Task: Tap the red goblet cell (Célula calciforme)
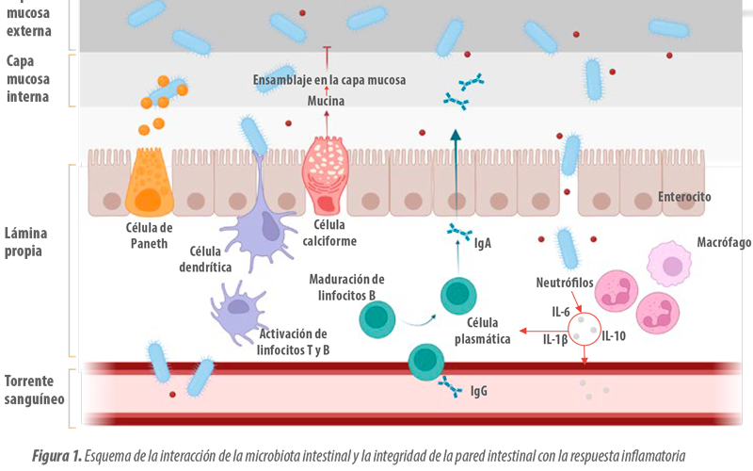tap(325, 175)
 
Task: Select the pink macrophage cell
tap(669, 265)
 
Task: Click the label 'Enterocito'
tap(684, 197)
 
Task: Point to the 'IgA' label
tap(483, 243)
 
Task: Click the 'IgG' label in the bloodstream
tap(479, 391)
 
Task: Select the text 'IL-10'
tap(614, 336)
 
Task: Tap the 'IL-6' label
tap(560, 313)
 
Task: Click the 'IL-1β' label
tap(555, 340)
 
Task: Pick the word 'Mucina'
tap(326, 101)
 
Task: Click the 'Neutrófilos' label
tap(565, 283)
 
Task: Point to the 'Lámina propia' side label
tap(26, 242)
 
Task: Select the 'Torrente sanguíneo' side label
tap(34, 390)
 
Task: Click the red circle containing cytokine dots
tap(585, 329)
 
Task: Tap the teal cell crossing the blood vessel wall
tap(425, 362)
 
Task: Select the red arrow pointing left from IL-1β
tap(544, 331)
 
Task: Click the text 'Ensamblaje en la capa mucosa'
tap(329, 80)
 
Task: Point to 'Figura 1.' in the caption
tap(57, 456)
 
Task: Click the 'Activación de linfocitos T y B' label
tap(293, 342)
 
